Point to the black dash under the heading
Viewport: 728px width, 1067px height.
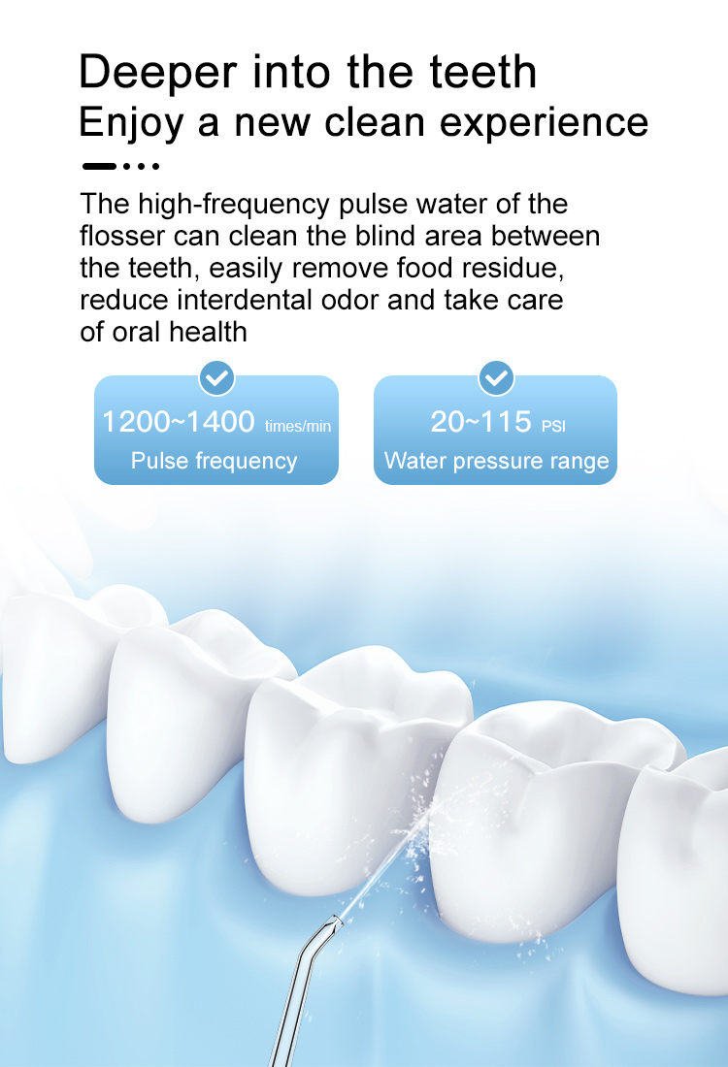[x=99, y=166]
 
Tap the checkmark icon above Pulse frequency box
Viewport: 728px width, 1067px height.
[x=216, y=377]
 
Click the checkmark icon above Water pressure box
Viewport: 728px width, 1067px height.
[x=496, y=377]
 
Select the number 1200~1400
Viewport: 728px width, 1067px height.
[x=178, y=423]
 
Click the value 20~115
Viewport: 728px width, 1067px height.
[x=481, y=423]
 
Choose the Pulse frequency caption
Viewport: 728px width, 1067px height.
[x=214, y=460]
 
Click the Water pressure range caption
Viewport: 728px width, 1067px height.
[x=496, y=460]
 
